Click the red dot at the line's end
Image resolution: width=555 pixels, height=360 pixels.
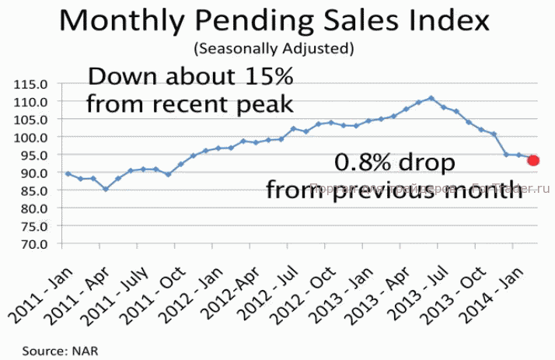pos(534,160)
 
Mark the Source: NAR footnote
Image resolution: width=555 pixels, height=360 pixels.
pos(54,351)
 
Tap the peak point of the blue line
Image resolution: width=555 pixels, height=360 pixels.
pos(431,98)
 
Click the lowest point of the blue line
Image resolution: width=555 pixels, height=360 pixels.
pos(105,189)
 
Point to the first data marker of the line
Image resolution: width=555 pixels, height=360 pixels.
pos(68,173)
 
